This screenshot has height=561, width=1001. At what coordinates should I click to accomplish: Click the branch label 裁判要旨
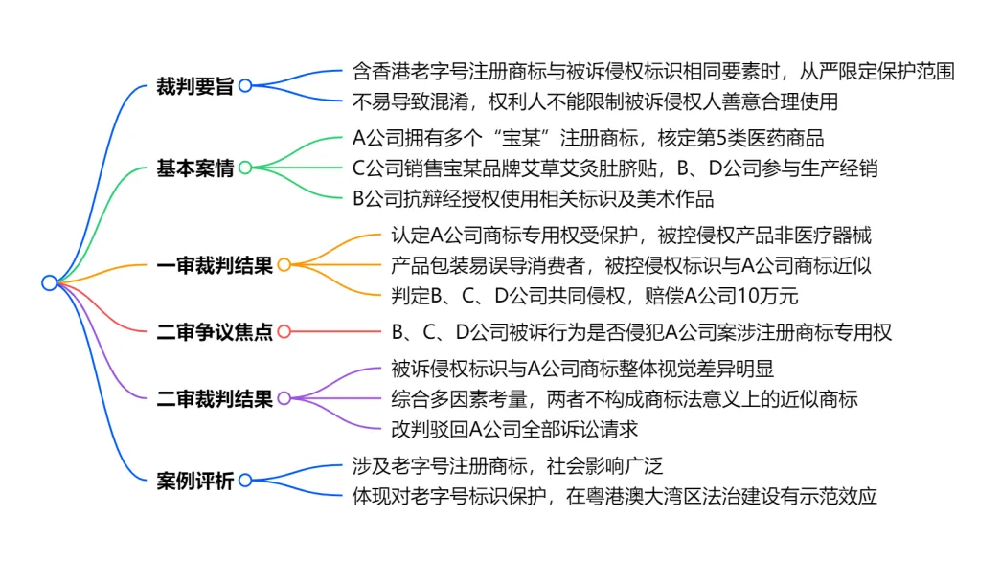tap(194, 85)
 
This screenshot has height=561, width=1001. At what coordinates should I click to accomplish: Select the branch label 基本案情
tap(194, 168)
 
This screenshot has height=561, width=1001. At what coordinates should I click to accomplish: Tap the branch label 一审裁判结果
tap(215, 265)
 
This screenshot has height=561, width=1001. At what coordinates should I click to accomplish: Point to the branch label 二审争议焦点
tap(215, 332)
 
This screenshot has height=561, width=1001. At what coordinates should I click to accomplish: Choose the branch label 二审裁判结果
tap(215, 399)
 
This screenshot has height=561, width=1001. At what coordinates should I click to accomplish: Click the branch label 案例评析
tap(194, 481)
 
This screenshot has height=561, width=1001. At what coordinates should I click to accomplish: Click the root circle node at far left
tap(49, 282)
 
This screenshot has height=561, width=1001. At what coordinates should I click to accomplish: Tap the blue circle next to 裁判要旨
tap(245, 85)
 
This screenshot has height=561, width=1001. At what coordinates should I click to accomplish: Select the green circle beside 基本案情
tap(245, 168)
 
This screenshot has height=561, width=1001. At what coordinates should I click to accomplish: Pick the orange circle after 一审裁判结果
tap(284, 265)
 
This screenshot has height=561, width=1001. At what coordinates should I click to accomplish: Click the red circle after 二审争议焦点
tap(284, 332)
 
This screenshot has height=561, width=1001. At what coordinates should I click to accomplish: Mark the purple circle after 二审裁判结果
tap(284, 399)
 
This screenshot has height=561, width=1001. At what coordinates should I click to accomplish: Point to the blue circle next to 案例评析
tap(245, 481)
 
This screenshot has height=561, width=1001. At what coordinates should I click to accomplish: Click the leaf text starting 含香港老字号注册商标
tap(653, 71)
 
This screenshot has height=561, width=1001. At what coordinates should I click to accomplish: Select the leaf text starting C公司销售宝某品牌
tap(615, 168)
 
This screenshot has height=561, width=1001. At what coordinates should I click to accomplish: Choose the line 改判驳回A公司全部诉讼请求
tap(514, 429)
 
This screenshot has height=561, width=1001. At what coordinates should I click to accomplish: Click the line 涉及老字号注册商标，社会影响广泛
tap(508, 466)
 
